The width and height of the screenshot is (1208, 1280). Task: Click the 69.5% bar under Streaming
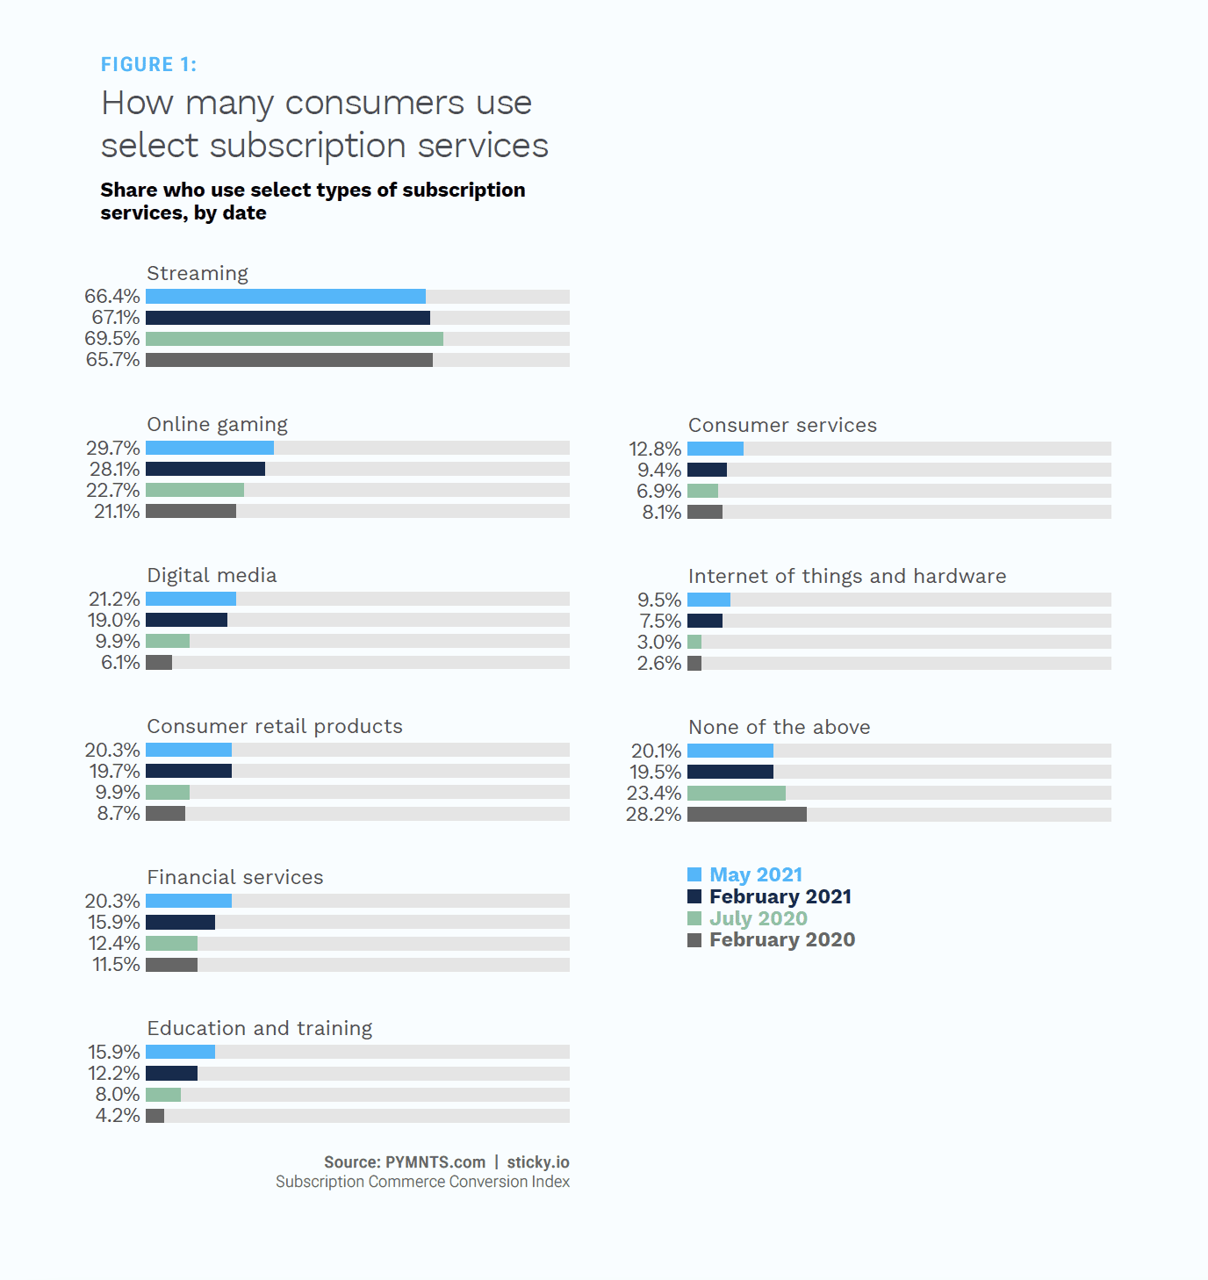point(294,339)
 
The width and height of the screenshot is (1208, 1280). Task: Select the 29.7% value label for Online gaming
point(113,448)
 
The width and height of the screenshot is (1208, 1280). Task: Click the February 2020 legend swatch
point(694,940)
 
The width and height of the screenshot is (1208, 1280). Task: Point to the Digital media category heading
point(212,575)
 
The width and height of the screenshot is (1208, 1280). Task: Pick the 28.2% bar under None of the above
point(746,815)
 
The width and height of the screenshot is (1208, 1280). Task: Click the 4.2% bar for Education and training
point(155,1116)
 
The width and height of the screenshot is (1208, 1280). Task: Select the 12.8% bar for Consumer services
point(715,449)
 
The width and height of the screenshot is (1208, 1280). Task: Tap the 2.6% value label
point(659,664)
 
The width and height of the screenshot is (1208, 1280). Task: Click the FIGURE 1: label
point(148,65)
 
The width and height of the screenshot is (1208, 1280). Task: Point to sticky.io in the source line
point(537,1162)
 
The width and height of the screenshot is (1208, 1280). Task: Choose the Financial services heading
point(234,877)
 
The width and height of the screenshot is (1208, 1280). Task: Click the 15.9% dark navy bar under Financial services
point(180,923)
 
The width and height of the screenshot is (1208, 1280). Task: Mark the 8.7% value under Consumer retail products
point(119,814)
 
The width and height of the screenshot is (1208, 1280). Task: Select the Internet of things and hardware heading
point(846,576)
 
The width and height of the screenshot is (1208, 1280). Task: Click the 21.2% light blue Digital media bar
point(191,599)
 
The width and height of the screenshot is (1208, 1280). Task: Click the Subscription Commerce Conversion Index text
point(422,1182)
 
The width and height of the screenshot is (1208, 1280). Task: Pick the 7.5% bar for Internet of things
point(704,622)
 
